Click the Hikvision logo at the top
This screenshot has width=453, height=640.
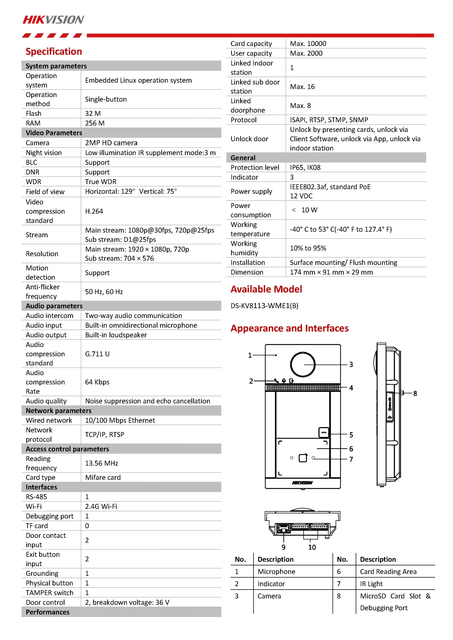click(53, 19)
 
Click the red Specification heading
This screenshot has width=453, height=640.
click(54, 51)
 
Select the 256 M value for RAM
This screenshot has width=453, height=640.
click(95, 123)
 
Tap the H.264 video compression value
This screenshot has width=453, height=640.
click(94, 211)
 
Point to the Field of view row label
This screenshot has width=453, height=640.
click(45, 192)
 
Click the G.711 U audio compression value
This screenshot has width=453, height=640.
click(97, 354)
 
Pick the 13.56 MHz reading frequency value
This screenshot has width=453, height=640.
click(102, 463)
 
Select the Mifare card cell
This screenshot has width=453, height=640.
click(103, 477)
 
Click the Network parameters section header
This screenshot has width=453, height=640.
click(59, 410)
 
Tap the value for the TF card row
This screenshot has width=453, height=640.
click(87, 526)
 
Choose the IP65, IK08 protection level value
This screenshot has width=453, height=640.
click(305, 167)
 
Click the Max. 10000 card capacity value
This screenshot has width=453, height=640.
click(308, 44)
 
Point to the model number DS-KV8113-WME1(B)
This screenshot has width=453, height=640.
click(264, 306)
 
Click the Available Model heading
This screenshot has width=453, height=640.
click(266, 289)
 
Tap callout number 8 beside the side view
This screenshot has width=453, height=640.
click(415, 393)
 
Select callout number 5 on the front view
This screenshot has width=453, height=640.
click(351, 435)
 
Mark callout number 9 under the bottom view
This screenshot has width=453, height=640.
click(283, 547)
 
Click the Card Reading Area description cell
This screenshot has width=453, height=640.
click(388, 572)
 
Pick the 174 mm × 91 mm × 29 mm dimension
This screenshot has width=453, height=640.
click(331, 272)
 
